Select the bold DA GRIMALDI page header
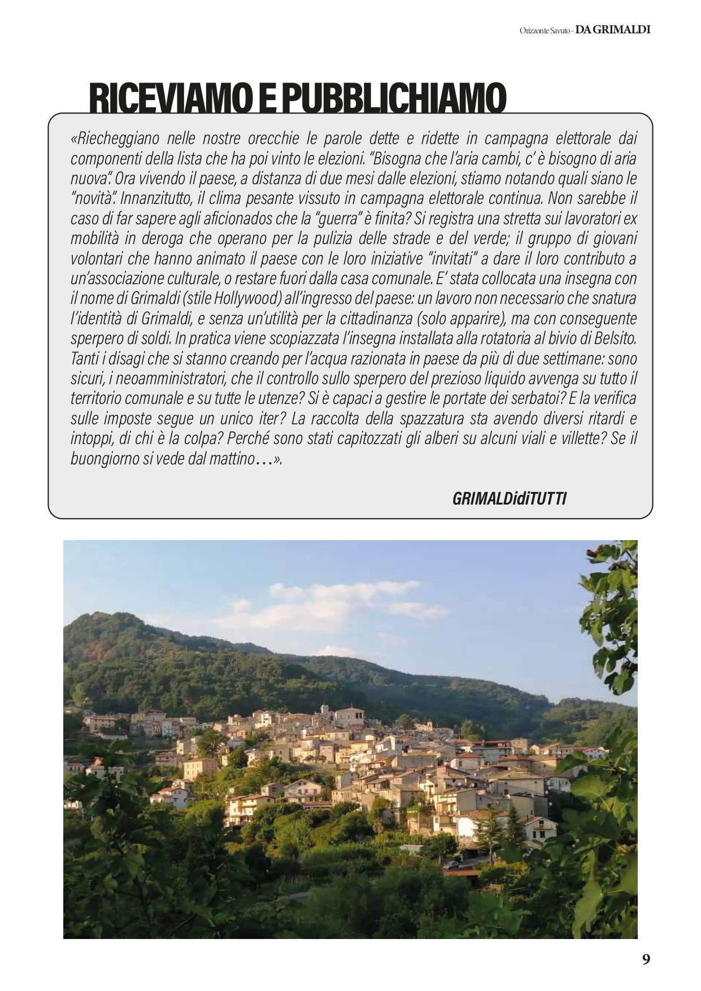[613, 30]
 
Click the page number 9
[646, 959]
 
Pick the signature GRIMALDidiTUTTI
[509, 498]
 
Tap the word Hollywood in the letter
[247, 298]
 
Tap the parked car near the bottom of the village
[451, 864]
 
